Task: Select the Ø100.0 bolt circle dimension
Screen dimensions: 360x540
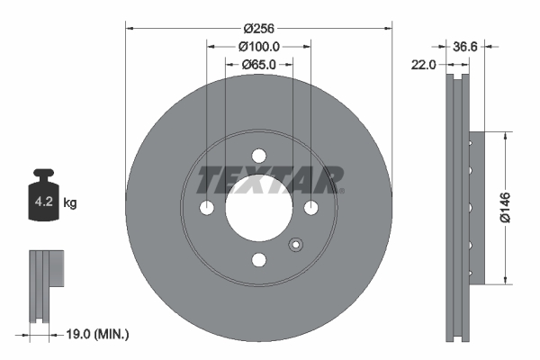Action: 259,47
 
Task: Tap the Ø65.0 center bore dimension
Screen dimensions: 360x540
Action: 258,65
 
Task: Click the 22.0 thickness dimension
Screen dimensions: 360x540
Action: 424,65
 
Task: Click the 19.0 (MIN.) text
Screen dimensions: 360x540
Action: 100,334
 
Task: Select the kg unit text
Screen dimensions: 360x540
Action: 70,203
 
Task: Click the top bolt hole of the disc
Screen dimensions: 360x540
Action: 259,155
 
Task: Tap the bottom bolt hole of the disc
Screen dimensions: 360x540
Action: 259,260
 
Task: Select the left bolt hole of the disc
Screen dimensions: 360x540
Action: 207,208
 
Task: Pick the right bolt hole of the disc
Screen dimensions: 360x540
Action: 311,208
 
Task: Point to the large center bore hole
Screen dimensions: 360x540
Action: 259,207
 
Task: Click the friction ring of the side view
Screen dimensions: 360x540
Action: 458,207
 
